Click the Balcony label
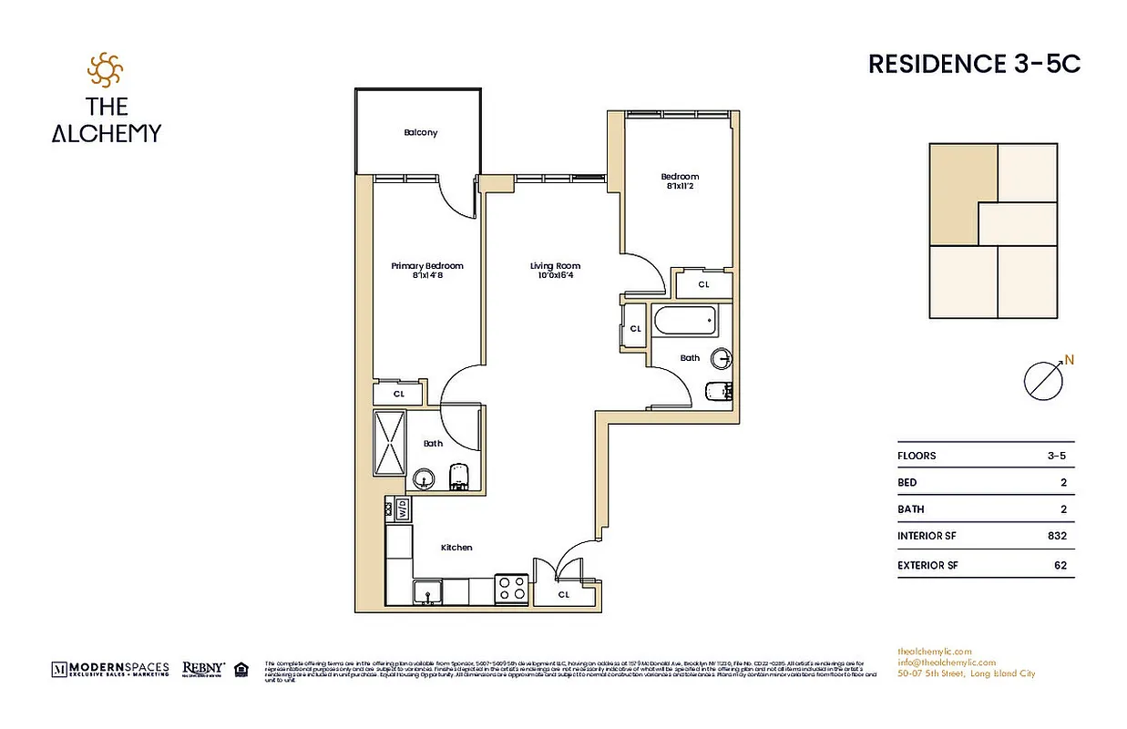(420, 133)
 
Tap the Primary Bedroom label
(426, 266)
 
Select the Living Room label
(555, 266)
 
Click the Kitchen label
(456, 548)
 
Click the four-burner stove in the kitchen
(511, 588)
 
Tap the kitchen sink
(428, 592)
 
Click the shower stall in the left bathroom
(389, 443)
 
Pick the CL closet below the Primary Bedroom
(398, 394)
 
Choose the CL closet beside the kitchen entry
(563, 594)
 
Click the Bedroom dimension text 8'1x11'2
(680, 187)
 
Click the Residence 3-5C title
(974, 65)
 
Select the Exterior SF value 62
(1060, 565)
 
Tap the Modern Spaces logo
(110, 669)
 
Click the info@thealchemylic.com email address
(946, 662)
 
